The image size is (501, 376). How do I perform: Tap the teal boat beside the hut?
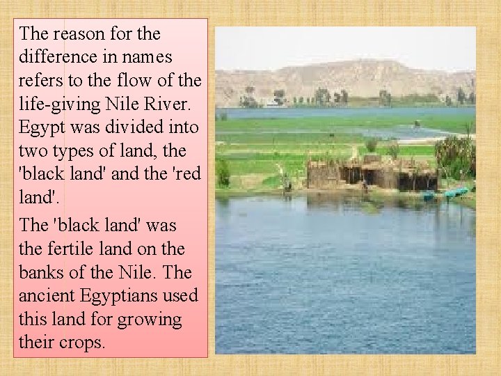coord(456,192)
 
